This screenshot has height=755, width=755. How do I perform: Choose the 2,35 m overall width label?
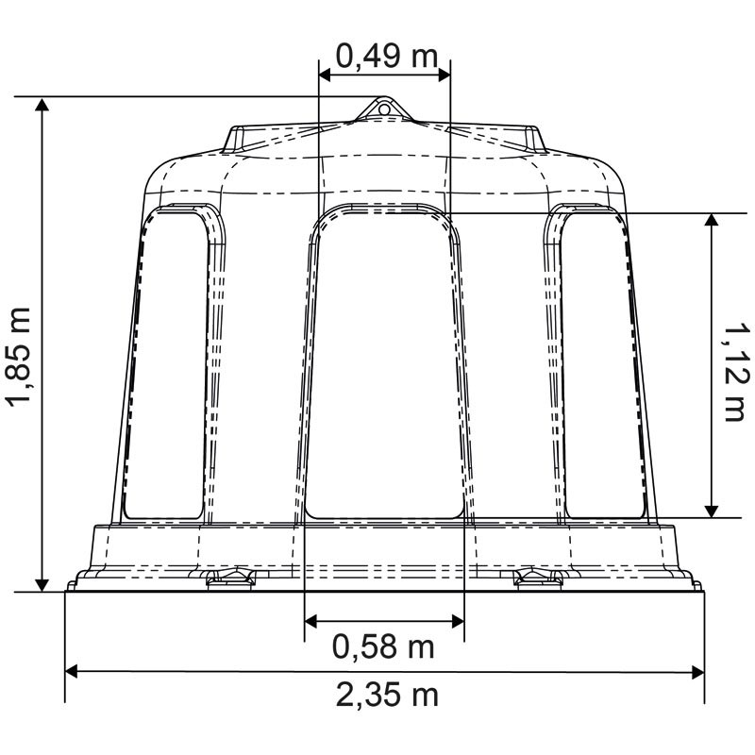(387, 696)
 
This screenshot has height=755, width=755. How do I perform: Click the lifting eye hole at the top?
(384, 109)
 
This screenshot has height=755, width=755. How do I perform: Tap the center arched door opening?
(385, 368)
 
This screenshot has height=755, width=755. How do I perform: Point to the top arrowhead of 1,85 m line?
(42, 103)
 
